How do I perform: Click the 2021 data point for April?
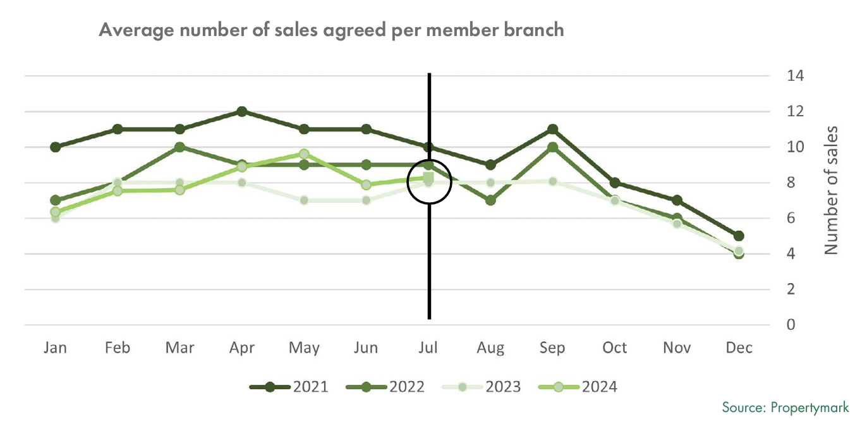pyautogui.click(x=242, y=112)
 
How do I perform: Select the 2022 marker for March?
pyautogui.click(x=179, y=147)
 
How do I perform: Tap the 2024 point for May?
pyautogui.click(x=304, y=154)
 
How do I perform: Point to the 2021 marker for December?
pyautogui.click(x=739, y=236)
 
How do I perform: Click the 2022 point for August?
pyautogui.click(x=490, y=200)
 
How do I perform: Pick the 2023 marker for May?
pyautogui.click(x=304, y=200)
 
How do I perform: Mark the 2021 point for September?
pyautogui.click(x=552, y=130)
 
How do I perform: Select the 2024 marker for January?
pyautogui.click(x=55, y=212)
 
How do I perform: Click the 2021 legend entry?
pyautogui.click(x=289, y=387)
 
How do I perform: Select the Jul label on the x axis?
pyautogui.click(x=428, y=348)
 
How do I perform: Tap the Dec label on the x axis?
pyautogui.click(x=739, y=348)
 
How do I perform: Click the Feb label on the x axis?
pyautogui.click(x=118, y=348)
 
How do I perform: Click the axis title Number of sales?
pyautogui.click(x=832, y=190)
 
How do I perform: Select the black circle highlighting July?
pyautogui.click(x=428, y=181)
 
